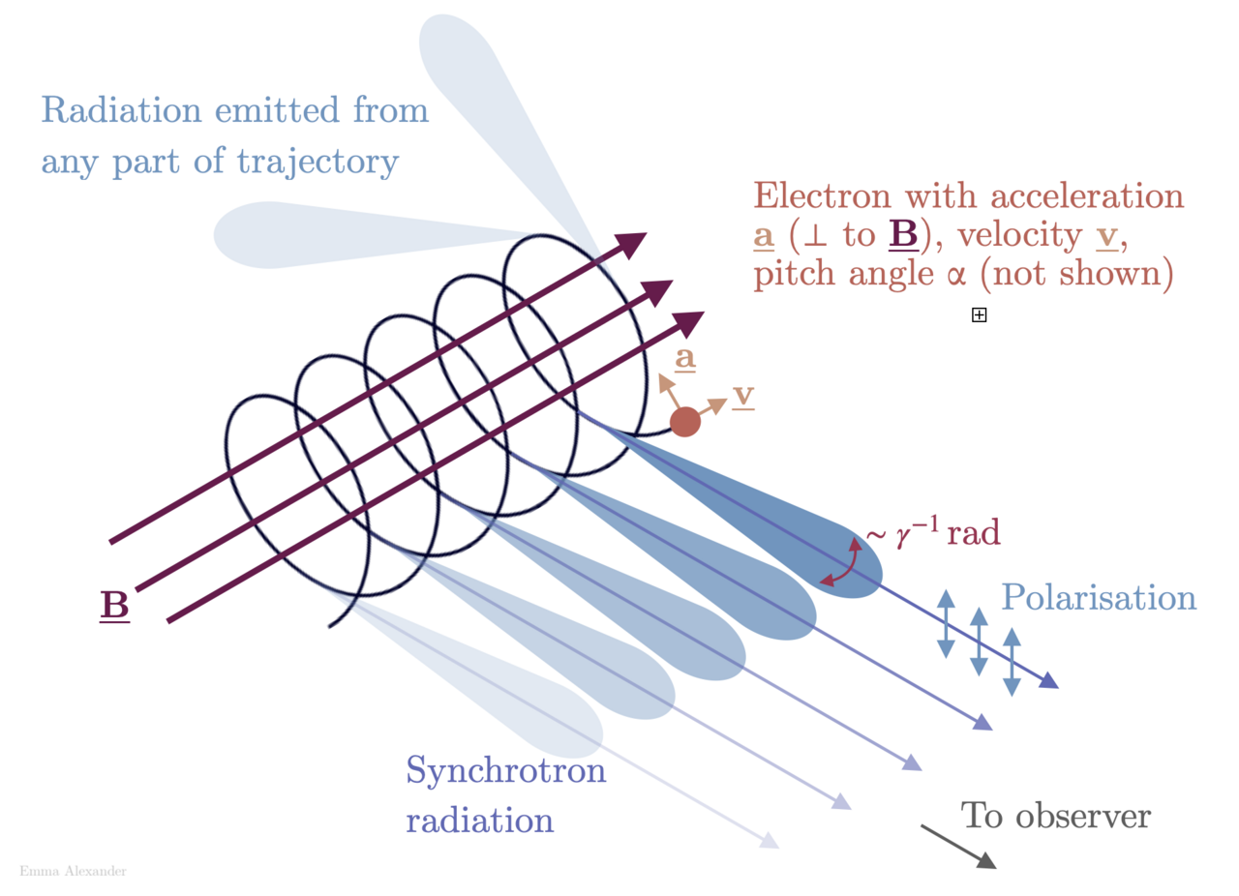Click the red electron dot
pos(684,422)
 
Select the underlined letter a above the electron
pos(685,359)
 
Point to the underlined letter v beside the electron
pos(743,396)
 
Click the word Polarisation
pos(1099,597)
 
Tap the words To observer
pos(1055,816)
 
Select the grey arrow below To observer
pos(958,847)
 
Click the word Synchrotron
pos(505,771)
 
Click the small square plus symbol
pos(979,314)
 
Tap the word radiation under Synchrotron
pos(479,821)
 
